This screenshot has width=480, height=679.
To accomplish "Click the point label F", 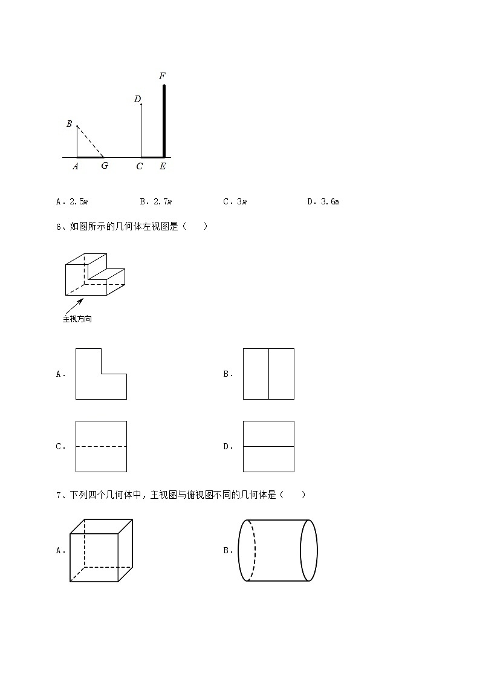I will (x=162, y=77).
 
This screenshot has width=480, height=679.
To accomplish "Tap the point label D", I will (x=137, y=99).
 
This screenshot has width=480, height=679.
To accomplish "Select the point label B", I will (x=70, y=124).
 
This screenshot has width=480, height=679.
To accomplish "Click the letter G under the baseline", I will (x=105, y=166).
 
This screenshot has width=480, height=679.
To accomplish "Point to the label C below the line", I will (x=140, y=166).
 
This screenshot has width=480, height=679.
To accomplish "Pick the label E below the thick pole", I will (x=162, y=166).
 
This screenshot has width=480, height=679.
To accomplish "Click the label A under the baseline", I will (x=76, y=166).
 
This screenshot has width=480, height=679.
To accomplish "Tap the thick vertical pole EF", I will (x=164, y=121).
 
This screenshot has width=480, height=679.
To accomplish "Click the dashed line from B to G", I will (x=91, y=141).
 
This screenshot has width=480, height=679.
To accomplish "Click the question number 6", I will (x=58, y=227).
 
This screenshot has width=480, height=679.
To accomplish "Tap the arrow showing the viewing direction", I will (x=74, y=305).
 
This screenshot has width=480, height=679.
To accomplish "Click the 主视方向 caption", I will (x=77, y=319).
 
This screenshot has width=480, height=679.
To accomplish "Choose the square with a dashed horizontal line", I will (x=101, y=446).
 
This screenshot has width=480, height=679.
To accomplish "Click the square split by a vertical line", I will (x=268, y=374).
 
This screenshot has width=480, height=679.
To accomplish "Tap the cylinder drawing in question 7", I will (x=277, y=550).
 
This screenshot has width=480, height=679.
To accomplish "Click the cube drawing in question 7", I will (x=101, y=550).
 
